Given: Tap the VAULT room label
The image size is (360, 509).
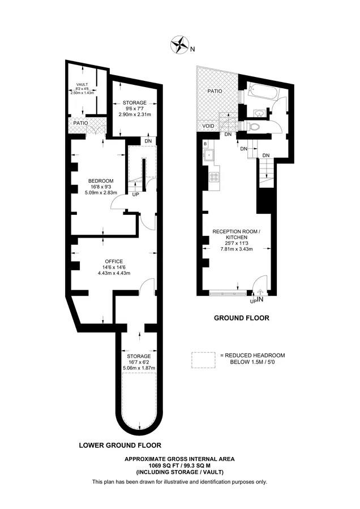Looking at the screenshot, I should click(82, 84).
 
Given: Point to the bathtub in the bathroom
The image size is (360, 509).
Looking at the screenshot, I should click(262, 90).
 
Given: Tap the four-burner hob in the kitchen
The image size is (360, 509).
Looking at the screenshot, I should click(215, 176).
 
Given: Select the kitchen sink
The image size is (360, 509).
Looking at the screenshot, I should click(209, 154).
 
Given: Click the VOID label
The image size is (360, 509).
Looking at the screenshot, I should click(207, 126).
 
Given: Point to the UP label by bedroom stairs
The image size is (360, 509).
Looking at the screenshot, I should click(135, 195).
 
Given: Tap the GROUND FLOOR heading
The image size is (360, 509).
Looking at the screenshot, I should click(241, 318).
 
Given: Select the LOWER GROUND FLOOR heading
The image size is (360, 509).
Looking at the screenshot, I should click(120, 446).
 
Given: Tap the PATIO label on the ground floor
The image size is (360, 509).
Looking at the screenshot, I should click(214, 91).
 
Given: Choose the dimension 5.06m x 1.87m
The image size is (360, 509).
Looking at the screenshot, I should click(139, 369).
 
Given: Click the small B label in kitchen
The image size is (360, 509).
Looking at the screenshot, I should click(205, 144).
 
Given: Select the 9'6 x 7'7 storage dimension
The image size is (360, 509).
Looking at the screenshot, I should click(135, 109).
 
